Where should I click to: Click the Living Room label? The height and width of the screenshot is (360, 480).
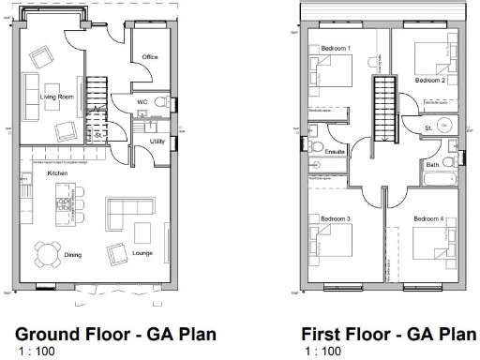coord(57,97)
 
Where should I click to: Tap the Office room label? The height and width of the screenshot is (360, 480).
coord(149,58)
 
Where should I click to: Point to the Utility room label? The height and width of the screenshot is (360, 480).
coord(157,142)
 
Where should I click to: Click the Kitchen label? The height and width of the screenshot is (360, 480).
coord(57,173)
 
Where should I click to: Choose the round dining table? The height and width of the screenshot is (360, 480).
coord(46,253)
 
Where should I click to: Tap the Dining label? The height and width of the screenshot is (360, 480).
coord(73,254)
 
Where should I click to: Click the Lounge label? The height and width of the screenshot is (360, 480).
coord(142,253)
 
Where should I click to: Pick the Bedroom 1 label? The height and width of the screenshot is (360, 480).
coord(336,48)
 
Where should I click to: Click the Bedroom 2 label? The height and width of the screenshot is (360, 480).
coord(430,81)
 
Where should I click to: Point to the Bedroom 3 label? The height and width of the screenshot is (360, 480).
coord(336,218)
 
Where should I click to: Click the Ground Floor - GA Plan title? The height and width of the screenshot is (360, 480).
coord(116,335)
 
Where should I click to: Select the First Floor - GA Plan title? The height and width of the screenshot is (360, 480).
coord(388,335)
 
